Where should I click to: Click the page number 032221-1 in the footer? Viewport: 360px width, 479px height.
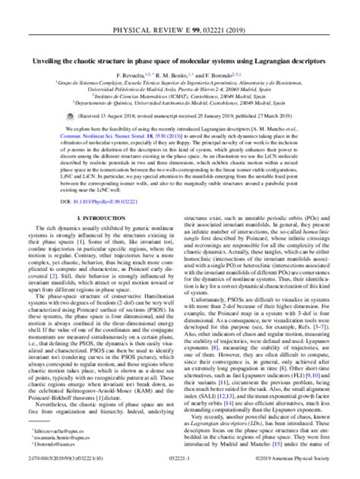click(x=180, y=471)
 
